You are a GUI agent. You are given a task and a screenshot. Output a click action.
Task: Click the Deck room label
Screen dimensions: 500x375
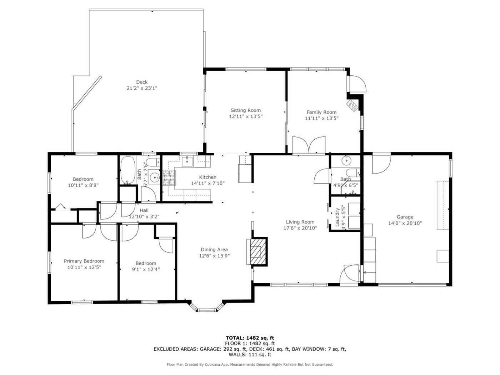(x=142, y=82)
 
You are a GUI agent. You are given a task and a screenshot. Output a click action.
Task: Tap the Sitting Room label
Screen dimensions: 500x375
(x=246, y=110)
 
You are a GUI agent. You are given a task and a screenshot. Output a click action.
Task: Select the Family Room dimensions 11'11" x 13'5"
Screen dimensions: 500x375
(x=321, y=118)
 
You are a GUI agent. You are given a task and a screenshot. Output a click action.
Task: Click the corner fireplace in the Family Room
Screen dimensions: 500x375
(x=352, y=106)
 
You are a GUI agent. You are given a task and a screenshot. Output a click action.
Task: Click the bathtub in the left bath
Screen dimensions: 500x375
(x=127, y=170)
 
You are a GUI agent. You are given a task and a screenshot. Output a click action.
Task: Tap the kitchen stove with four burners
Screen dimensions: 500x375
(x=169, y=177)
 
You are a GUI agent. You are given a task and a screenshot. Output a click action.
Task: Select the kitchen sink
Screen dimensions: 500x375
(x=187, y=161)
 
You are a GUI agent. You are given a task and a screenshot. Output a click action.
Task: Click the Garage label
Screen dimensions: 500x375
(x=405, y=217)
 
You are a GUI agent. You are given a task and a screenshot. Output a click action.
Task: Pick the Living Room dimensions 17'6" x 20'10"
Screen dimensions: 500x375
(x=300, y=228)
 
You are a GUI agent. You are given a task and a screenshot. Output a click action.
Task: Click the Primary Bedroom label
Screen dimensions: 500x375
(x=84, y=261)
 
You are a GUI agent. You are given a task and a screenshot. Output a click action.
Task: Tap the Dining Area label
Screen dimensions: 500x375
(x=214, y=250)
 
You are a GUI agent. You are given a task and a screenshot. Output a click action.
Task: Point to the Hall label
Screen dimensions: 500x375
(x=144, y=210)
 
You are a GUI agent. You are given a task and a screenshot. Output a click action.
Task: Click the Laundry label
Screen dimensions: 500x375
(x=337, y=217)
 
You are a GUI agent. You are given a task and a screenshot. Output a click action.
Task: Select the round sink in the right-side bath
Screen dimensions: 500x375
(x=346, y=161)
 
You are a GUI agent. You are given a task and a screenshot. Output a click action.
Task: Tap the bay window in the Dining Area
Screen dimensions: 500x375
(x=207, y=307)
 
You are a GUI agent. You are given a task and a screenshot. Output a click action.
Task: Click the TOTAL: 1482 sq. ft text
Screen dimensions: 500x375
(x=250, y=338)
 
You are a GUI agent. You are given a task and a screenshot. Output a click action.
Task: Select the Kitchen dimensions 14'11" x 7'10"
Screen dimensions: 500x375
(x=208, y=183)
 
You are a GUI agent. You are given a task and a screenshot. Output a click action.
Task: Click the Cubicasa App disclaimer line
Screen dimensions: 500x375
(x=250, y=365)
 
